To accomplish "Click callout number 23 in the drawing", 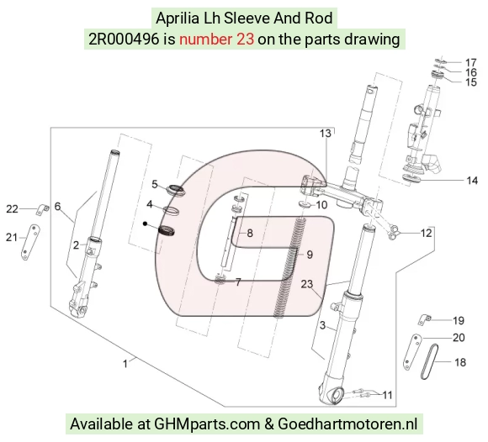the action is click(306, 284).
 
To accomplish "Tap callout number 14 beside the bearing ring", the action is click(472, 181).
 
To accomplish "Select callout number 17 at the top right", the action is click(471, 62).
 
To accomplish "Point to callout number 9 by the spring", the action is click(310, 255).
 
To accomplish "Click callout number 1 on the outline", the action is click(125, 364).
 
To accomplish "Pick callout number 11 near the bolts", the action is click(387, 395).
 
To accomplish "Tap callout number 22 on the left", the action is click(12, 209).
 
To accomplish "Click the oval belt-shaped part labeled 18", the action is click(429, 362).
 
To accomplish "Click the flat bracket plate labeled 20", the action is click(412, 352).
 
